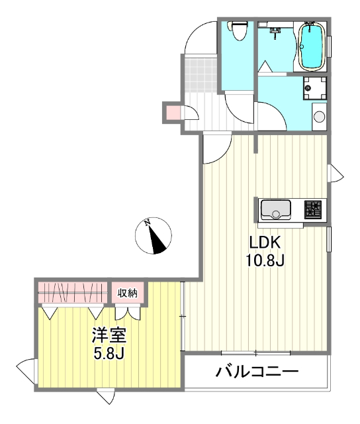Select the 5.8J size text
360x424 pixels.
pos(109,352)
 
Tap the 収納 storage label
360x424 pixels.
pos(128,292)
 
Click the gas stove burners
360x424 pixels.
pos(314,209)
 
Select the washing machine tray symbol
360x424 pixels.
pos(314,87)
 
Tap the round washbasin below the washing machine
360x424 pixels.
pos(319,117)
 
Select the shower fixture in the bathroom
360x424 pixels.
pos(275,29)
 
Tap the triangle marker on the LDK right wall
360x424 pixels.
pos(337,174)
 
